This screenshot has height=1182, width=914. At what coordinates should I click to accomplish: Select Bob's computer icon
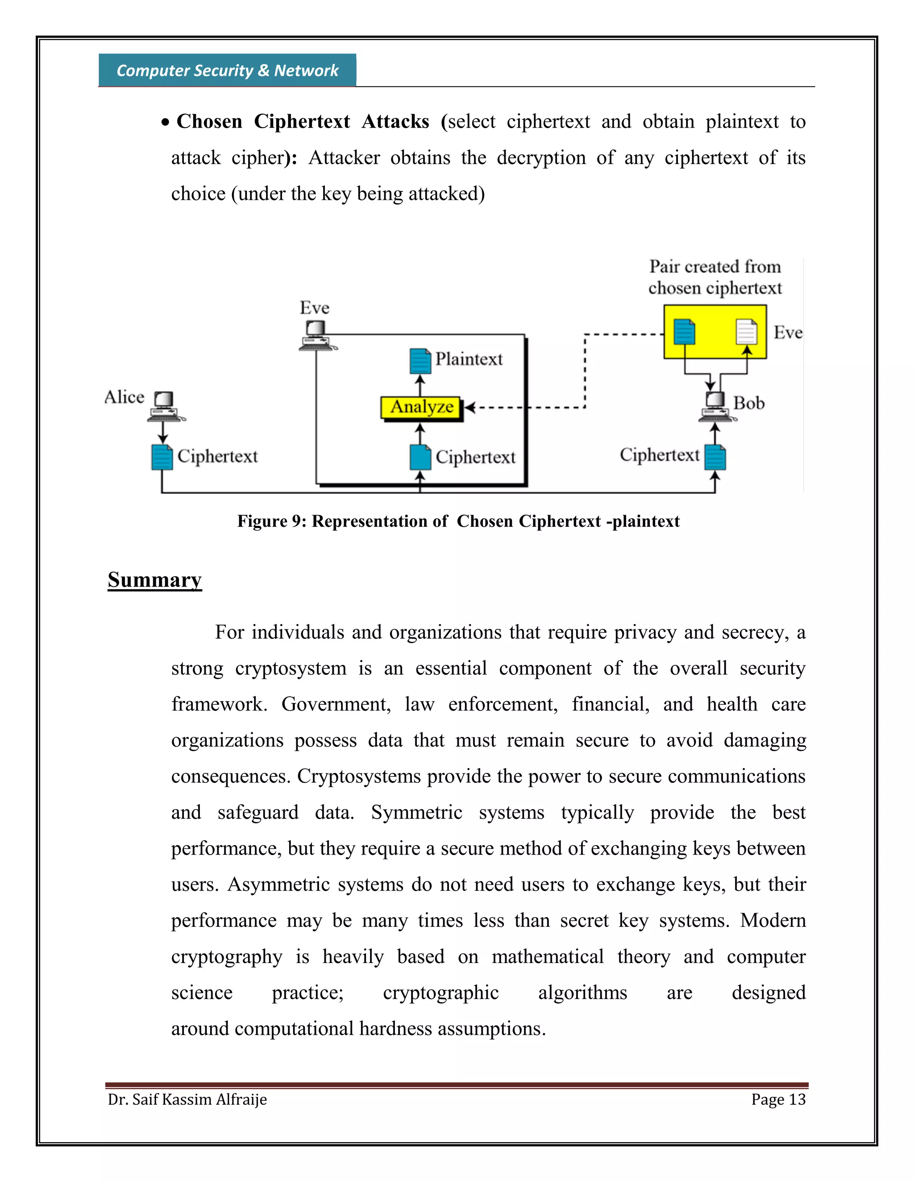click(x=716, y=406)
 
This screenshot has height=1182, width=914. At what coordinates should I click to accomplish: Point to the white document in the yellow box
click(x=746, y=332)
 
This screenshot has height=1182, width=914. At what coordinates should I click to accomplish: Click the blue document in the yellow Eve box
click(x=685, y=332)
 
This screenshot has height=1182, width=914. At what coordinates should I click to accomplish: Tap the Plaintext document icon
click(x=420, y=361)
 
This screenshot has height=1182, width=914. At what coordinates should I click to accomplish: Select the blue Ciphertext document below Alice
click(x=162, y=457)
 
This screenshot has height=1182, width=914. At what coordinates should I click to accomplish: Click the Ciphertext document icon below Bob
click(x=715, y=457)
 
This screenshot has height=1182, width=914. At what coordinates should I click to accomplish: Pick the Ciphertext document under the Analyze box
click(x=420, y=457)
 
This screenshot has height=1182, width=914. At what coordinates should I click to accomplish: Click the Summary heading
click(x=154, y=580)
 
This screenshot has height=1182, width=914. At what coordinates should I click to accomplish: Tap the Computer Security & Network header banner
click(x=228, y=70)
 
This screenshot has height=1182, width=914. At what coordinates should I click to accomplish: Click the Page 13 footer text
click(x=778, y=1099)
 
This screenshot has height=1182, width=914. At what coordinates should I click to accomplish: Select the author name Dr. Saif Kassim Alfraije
click(x=187, y=1099)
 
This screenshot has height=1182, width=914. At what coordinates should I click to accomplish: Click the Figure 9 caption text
click(x=458, y=521)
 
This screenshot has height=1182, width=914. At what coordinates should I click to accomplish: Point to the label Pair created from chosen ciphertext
click(x=715, y=277)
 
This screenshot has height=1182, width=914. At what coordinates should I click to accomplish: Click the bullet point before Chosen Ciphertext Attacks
click(x=166, y=123)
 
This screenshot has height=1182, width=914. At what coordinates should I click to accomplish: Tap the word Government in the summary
click(x=335, y=704)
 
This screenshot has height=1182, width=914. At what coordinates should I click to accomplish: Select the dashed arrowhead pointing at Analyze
click(x=469, y=408)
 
